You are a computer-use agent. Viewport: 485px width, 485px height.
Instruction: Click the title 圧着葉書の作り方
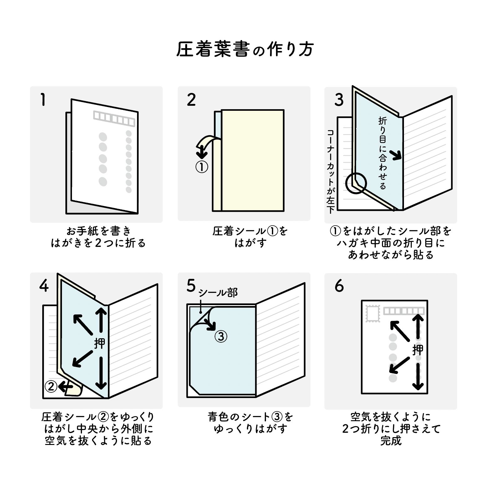pyautogui.click(x=244, y=49)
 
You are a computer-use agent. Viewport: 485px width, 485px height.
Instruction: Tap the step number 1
pyautogui.click(x=43, y=100)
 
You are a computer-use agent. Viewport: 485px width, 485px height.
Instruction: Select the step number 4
pyautogui.click(x=44, y=286)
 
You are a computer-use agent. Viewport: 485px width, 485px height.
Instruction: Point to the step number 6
pyautogui.click(x=339, y=286)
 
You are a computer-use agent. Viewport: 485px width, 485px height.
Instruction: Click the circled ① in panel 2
pyautogui.click(x=202, y=167)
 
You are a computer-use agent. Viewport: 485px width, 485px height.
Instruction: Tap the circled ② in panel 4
pyautogui.click(x=51, y=387)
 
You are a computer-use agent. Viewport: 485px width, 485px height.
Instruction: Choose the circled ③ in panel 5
pyautogui.click(x=221, y=337)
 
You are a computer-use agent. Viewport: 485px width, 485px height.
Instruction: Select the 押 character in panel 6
pyautogui.click(x=418, y=350)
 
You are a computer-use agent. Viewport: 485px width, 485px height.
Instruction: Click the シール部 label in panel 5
pyautogui.click(x=218, y=293)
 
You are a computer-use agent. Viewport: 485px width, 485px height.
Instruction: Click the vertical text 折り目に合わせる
pyautogui.click(x=382, y=153)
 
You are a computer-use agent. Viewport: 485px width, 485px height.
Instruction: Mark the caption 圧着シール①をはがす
pyautogui.click(x=250, y=237)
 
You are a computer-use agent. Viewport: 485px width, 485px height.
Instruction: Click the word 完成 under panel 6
pyautogui.click(x=391, y=441)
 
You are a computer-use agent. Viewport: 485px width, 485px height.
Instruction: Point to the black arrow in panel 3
pyautogui.click(x=396, y=154)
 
